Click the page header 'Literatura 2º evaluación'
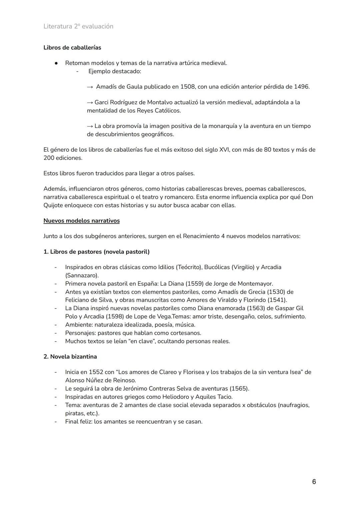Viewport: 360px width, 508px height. (x=78, y=26)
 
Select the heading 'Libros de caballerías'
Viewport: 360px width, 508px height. (x=72, y=48)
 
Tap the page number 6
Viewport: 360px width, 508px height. (x=314, y=482)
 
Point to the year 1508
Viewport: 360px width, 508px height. (x=188, y=87)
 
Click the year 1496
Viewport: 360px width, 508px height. (x=302, y=87)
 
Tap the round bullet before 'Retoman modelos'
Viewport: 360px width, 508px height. (x=57, y=63)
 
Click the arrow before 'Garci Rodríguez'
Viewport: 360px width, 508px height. (x=90, y=103)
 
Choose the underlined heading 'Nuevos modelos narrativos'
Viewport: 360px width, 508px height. (x=81, y=221)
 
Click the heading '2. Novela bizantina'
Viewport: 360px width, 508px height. (x=70, y=357)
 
